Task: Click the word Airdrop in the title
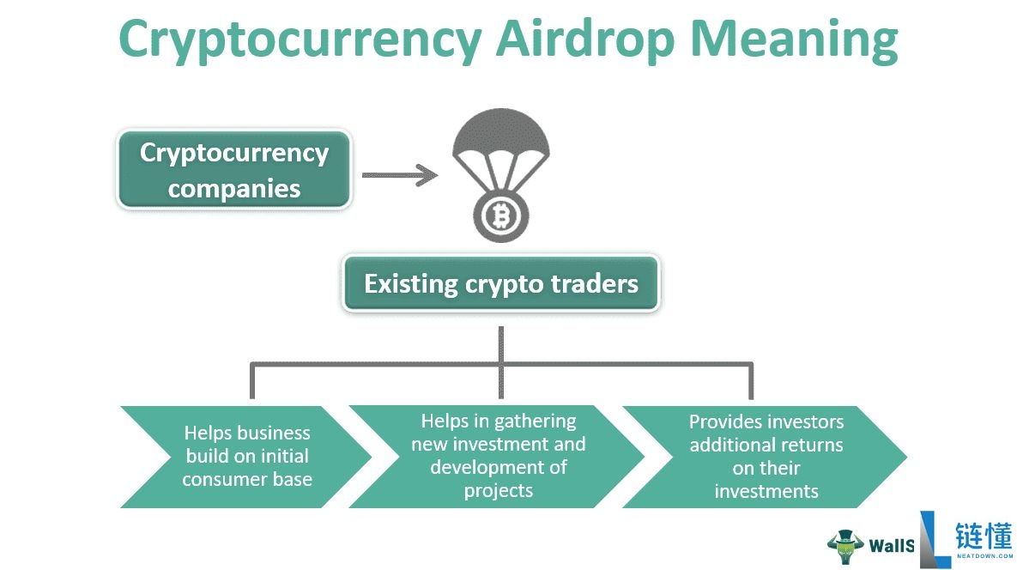tap(585, 40)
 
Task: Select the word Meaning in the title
tap(794, 40)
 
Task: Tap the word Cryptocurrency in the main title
tap(300, 40)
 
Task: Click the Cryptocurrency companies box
tap(234, 170)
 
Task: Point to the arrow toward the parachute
tap(400, 175)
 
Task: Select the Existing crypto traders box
tap(500, 284)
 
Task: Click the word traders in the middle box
tap(594, 284)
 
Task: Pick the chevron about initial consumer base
tap(246, 457)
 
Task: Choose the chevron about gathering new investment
tap(498, 456)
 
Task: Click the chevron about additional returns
tap(766, 457)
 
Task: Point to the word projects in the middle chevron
tap(498, 491)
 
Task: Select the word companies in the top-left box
tap(234, 189)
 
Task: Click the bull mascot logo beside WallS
tap(844, 546)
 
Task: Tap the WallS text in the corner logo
tap(891, 546)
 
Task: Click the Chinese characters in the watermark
tap(984, 537)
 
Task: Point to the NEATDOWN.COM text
tap(984, 555)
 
